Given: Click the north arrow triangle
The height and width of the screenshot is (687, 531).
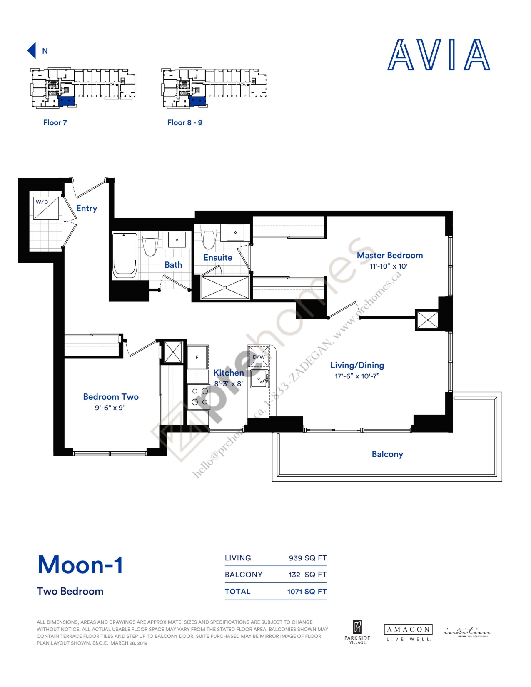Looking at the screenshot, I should (x=32, y=50).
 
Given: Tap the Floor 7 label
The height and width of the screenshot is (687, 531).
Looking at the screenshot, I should (x=55, y=123).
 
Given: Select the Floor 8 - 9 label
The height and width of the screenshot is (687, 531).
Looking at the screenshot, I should (x=184, y=123).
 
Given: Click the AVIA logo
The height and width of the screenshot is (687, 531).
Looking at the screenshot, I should (x=439, y=55).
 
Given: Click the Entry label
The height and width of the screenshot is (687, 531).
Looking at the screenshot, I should (x=87, y=208).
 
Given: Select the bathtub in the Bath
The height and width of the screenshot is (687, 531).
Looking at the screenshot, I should (x=125, y=256).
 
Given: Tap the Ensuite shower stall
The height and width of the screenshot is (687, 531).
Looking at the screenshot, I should (x=225, y=287).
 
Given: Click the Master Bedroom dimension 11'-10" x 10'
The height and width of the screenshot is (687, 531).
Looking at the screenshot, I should (x=388, y=266).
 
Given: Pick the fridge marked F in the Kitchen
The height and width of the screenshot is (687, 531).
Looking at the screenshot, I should (x=197, y=357).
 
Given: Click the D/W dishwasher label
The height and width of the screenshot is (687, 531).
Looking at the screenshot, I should (x=259, y=357).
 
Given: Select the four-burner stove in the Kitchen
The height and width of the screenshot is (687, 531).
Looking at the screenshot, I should (x=199, y=396).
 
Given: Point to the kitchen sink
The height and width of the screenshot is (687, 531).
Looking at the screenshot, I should (x=259, y=378).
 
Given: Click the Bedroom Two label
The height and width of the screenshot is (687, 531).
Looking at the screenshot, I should (x=111, y=397).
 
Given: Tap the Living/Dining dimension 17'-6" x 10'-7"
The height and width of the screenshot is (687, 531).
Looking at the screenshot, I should (x=357, y=376).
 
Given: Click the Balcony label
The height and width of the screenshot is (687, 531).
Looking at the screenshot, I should (x=387, y=454).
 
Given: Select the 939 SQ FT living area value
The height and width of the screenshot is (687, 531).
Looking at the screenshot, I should (x=308, y=558).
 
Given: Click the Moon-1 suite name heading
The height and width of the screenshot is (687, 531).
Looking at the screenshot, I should (x=80, y=565).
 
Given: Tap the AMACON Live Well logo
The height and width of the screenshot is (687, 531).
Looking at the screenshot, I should (x=408, y=632).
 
